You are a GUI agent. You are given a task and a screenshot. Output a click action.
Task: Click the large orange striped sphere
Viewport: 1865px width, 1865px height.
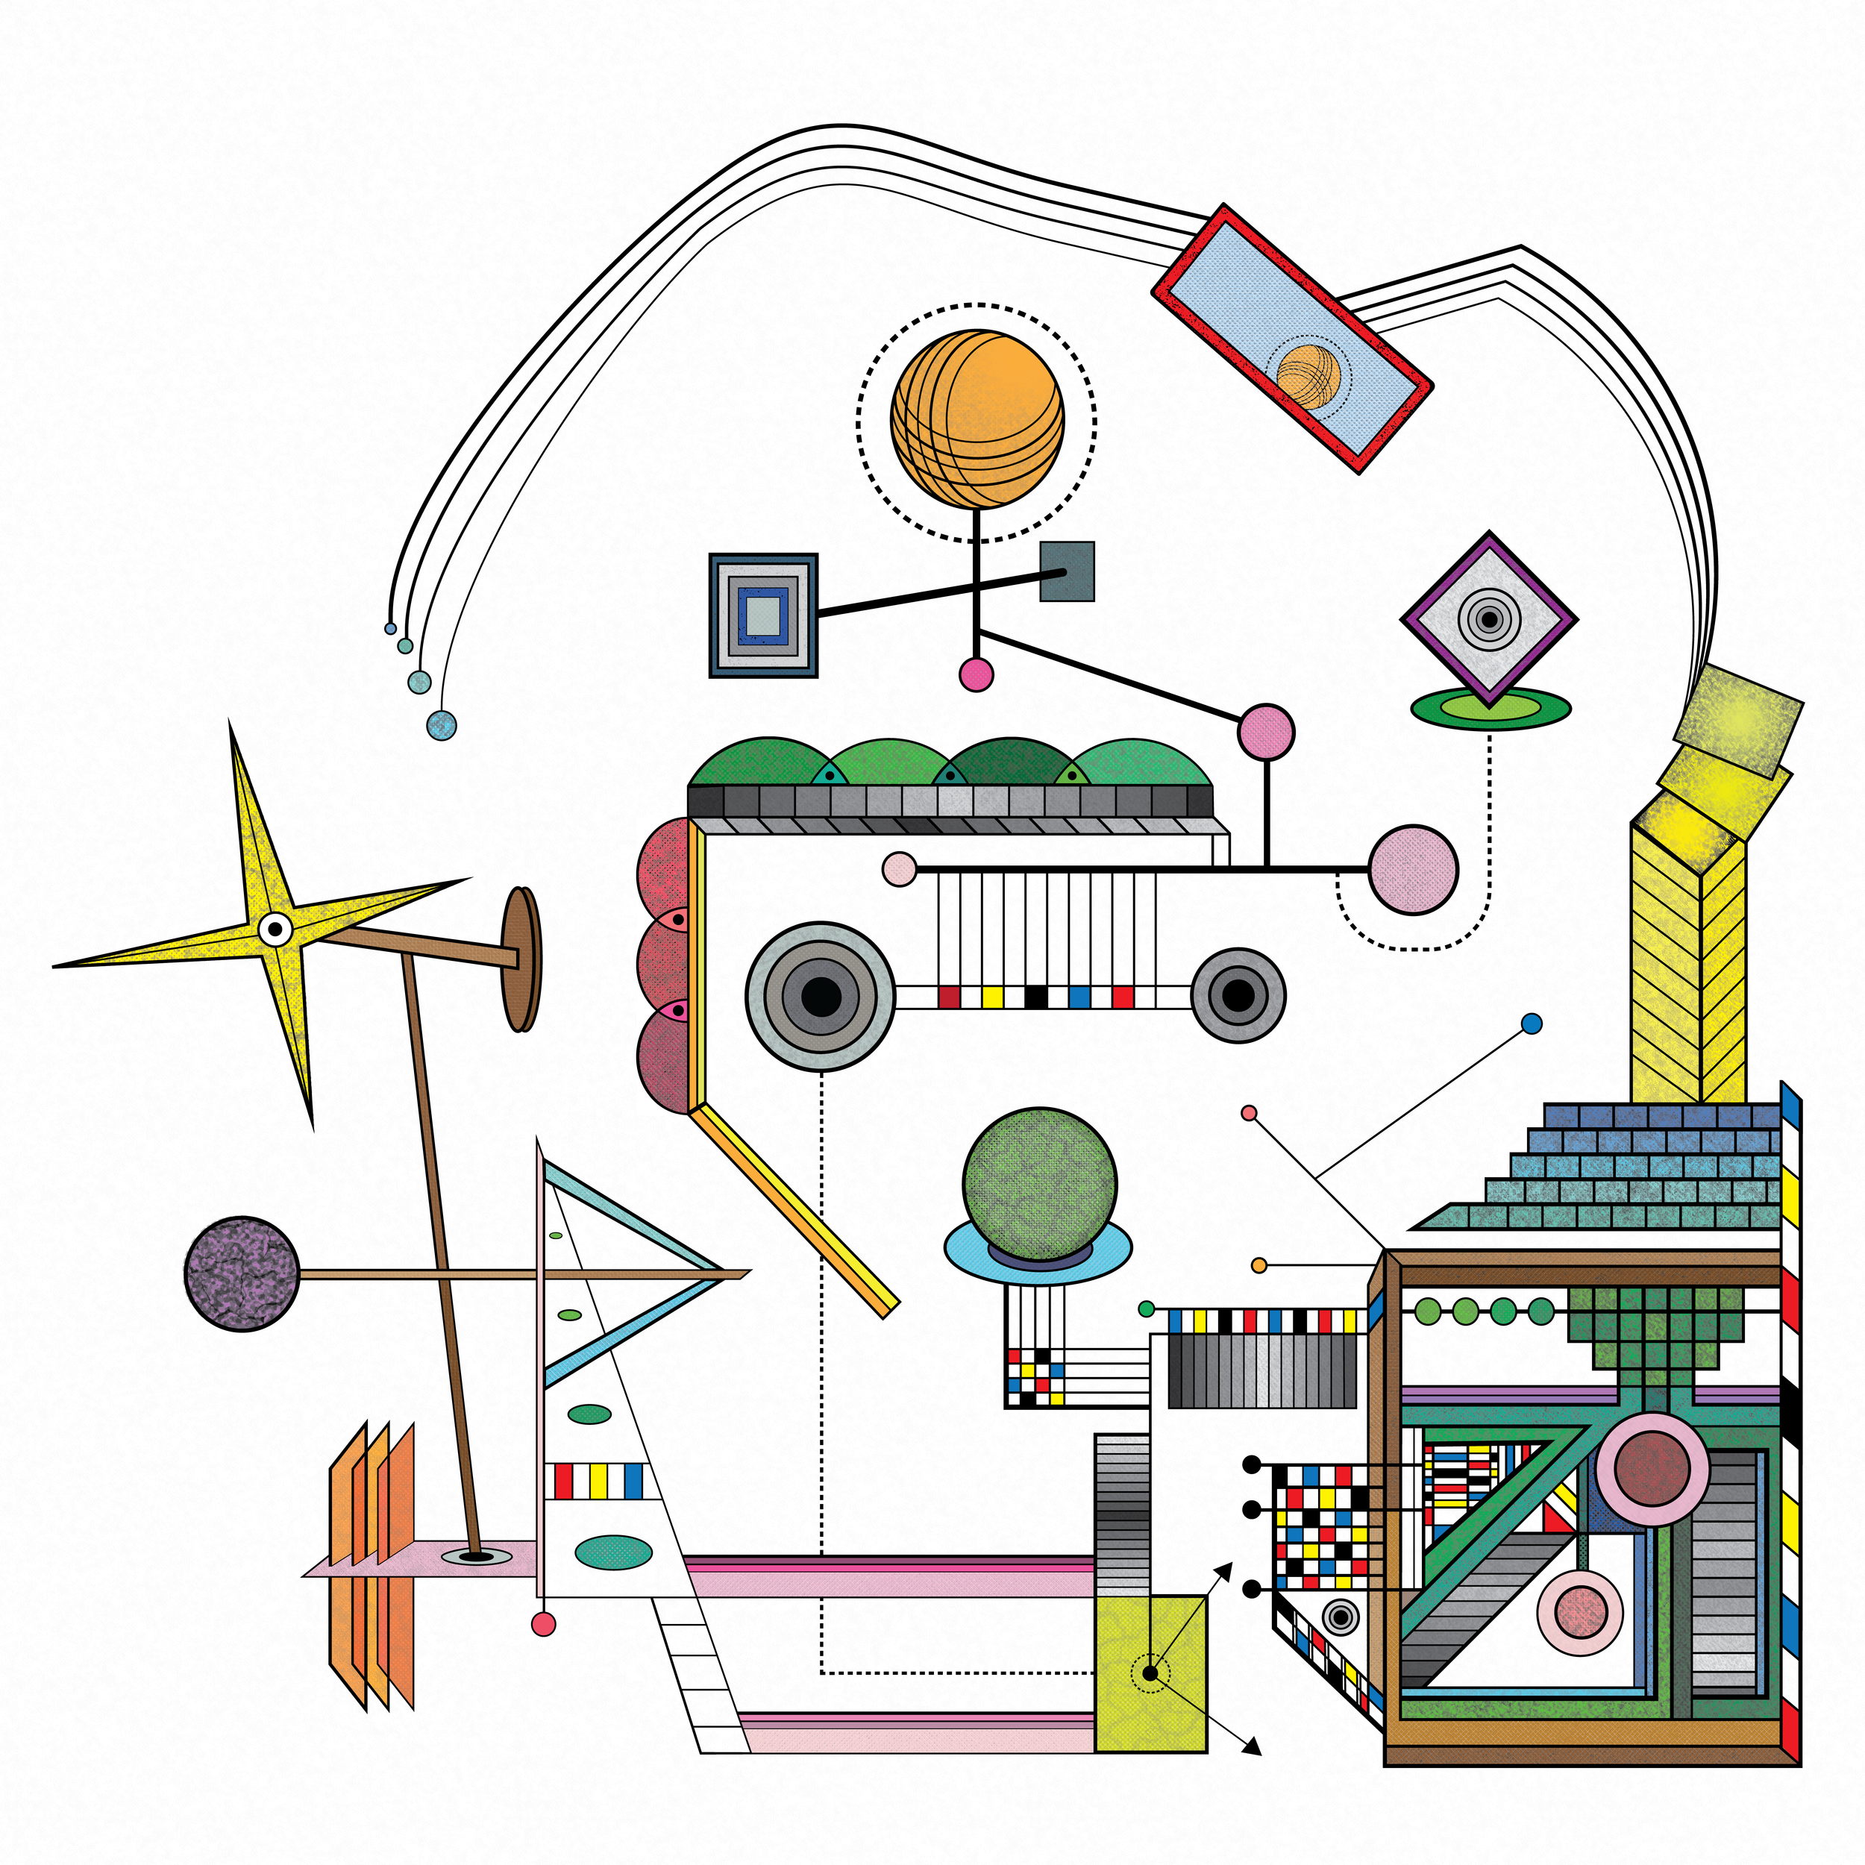(x=977, y=419)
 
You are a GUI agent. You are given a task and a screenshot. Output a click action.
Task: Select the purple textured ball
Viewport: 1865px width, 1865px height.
(x=241, y=1273)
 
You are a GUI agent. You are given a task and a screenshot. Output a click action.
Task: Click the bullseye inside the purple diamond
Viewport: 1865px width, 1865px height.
(x=1490, y=618)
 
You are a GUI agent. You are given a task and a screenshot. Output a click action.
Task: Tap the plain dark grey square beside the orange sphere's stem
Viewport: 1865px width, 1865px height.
(x=1067, y=571)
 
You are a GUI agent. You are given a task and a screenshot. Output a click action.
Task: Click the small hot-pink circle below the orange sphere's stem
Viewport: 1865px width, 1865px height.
(x=976, y=674)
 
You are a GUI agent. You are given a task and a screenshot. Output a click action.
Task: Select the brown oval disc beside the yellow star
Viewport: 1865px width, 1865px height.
(x=521, y=959)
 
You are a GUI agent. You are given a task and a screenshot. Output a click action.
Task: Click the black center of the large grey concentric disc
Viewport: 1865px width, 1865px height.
(x=821, y=996)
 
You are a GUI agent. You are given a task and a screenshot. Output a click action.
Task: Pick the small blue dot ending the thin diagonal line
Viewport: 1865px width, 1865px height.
(x=1531, y=1024)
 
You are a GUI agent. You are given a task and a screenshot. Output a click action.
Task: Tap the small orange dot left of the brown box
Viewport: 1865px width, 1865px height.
(x=1259, y=1264)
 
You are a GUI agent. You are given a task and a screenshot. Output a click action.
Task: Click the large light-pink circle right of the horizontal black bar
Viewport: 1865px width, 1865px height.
(x=1413, y=869)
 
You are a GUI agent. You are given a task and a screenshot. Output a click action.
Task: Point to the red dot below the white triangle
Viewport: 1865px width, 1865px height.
(x=544, y=1625)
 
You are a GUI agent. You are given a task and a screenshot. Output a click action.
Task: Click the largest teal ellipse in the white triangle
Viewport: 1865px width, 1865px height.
(x=613, y=1552)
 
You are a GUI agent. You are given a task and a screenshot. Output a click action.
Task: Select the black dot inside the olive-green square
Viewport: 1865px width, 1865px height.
(x=1150, y=1673)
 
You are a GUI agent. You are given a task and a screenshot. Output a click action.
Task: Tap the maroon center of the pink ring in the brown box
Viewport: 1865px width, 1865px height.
(x=1652, y=1468)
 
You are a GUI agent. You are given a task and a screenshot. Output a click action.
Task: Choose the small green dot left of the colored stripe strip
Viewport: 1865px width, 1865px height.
(x=1147, y=1309)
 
